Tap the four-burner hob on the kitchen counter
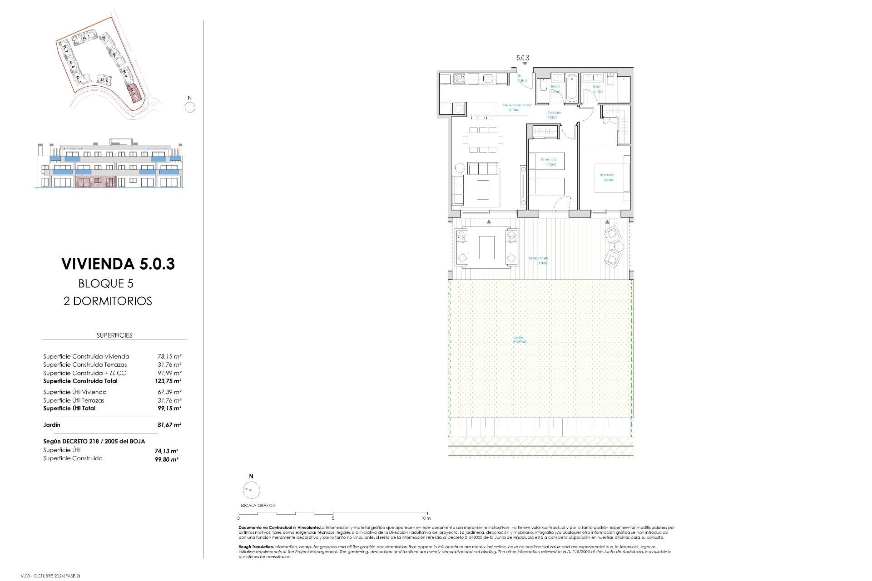pyautogui.click(x=458, y=79)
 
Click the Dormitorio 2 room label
pyautogui.click(x=549, y=162)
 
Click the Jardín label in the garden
pyautogui.click(x=519, y=339)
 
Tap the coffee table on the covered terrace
pyautogui.click(x=486, y=247)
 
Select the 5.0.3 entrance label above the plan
pyautogui.click(x=523, y=58)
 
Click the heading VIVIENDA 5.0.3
pyautogui.click(x=118, y=264)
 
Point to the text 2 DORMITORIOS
pyautogui.click(x=108, y=301)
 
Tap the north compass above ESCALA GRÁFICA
pyautogui.click(x=251, y=490)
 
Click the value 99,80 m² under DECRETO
pyautogui.click(x=167, y=459)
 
